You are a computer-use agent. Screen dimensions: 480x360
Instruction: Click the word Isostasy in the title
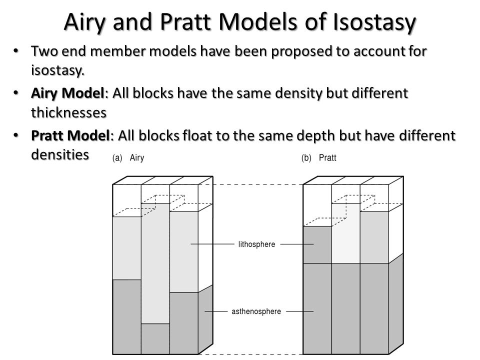[374, 22]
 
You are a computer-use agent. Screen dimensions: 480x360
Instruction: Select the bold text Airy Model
[67, 93]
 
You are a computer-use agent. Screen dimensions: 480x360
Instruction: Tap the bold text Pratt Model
[70, 135]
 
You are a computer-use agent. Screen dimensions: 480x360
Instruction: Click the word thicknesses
[68, 112]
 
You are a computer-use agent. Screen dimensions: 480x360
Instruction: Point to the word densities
[60, 154]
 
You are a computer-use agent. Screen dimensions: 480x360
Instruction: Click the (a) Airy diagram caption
[128, 157]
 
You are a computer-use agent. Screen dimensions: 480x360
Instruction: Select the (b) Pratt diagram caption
[318, 157]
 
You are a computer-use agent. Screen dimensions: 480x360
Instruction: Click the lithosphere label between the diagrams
[256, 244]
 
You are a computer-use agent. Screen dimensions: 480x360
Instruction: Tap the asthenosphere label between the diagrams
[256, 311]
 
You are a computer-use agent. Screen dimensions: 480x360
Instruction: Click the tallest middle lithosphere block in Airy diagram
[155, 263]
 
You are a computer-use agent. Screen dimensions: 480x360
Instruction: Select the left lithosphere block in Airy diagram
[127, 248]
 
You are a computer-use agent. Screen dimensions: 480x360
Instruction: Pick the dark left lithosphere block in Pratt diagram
[317, 245]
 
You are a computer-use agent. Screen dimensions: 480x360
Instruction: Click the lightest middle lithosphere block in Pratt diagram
[346, 233]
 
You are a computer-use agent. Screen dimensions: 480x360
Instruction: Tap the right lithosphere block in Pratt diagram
[374, 237]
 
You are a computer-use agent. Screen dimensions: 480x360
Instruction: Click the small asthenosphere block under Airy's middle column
[155, 338]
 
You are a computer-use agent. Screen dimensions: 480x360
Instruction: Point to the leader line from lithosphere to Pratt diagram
[297, 244]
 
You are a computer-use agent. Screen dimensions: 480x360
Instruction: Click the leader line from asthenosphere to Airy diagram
[216, 311]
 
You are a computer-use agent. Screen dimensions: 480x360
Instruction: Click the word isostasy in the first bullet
[57, 70]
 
